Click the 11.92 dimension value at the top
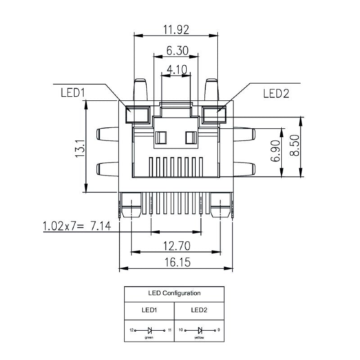click(x=176, y=30)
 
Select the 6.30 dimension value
click(x=177, y=50)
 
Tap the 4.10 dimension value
click(x=176, y=70)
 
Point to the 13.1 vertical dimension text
click(x=81, y=148)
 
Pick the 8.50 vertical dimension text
click(x=295, y=147)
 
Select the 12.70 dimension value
click(x=177, y=246)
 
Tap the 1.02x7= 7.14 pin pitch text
click(x=76, y=226)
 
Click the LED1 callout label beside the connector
click(x=73, y=93)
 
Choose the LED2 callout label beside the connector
click(x=276, y=93)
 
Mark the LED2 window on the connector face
click(x=215, y=114)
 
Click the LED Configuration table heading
click(x=174, y=293)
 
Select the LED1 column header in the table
click(x=149, y=310)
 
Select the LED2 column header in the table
click(x=199, y=310)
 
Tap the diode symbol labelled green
click(x=150, y=330)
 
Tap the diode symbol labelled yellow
click(x=199, y=330)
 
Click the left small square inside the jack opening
click(x=161, y=138)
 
